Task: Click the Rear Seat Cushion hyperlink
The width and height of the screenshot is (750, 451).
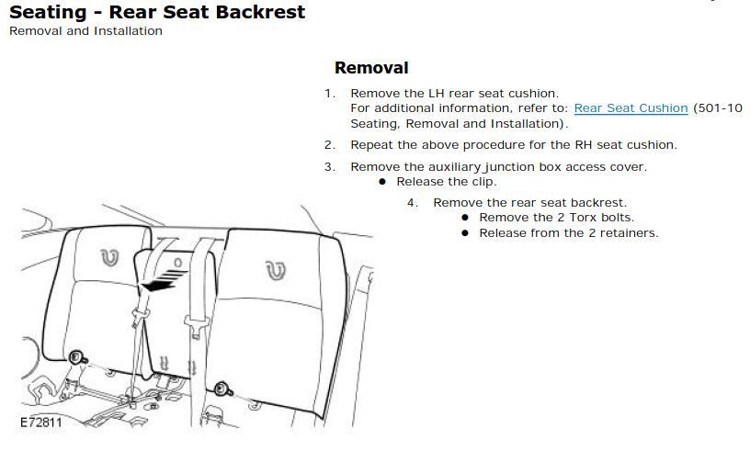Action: point(631,108)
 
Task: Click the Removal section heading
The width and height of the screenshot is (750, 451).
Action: point(371,67)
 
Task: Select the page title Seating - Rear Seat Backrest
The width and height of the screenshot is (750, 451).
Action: point(157,12)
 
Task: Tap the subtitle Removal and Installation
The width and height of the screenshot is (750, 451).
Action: point(85,31)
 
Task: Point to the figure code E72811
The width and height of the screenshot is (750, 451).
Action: point(41,423)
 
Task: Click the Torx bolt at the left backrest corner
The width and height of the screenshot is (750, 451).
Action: point(76,357)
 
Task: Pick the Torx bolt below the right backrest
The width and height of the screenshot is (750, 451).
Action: point(222,389)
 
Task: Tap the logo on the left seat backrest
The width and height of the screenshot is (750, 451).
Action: point(109,258)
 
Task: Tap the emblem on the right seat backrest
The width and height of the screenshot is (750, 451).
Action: point(276,270)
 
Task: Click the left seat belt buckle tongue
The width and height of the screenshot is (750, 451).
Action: point(140,317)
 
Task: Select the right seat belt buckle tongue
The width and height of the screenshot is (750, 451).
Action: point(197,326)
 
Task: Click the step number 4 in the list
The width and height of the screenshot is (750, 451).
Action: point(413,203)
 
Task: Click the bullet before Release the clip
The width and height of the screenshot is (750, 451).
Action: point(382,182)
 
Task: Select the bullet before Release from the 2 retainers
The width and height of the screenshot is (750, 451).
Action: point(465,233)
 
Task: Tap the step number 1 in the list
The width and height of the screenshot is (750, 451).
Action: point(329,94)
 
